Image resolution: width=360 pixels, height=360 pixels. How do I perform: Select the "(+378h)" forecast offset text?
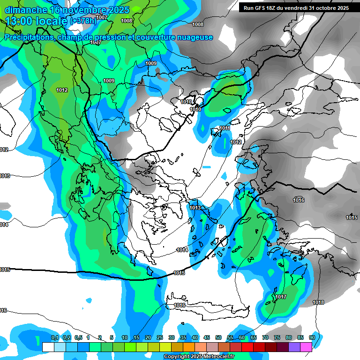(x=83, y=21)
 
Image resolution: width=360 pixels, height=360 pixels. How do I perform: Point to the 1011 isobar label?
(x=225, y=128)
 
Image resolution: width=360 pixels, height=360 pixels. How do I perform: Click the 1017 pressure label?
(x=281, y=297)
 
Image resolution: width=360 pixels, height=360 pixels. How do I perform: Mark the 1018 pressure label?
(x=318, y=302)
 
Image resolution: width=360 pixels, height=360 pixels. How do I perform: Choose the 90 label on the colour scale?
(x=312, y=337)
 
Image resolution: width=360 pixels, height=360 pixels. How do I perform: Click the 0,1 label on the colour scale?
(x=55, y=337)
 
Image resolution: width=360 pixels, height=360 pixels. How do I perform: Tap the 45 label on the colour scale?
(x=207, y=337)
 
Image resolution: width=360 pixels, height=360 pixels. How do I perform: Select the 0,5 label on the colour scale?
(x=78, y=337)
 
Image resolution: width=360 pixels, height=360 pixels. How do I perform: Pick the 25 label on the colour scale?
(x=160, y=337)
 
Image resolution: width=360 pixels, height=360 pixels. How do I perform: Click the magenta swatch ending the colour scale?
(x=306, y=347)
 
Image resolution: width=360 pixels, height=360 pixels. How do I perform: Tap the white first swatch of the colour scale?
(x=48, y=347)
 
